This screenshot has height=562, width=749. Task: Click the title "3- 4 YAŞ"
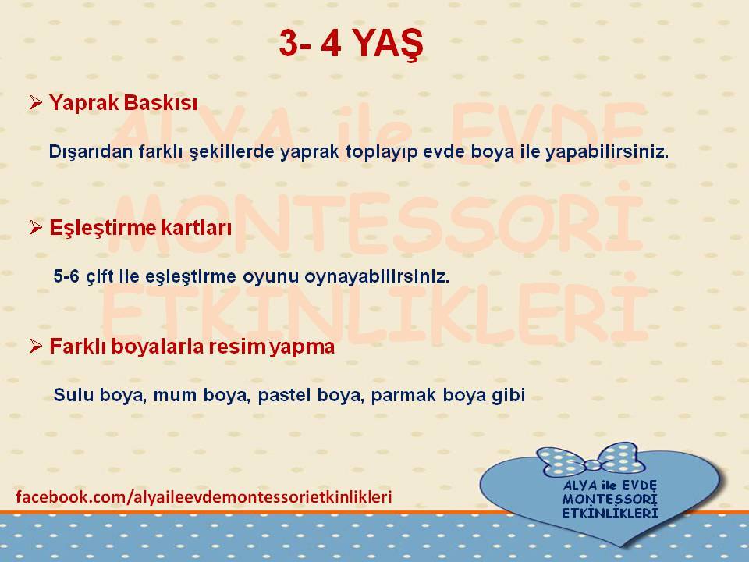pos(351,44)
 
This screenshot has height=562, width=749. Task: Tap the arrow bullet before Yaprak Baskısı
pos(36,102)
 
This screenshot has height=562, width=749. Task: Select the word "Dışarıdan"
pos(91,152)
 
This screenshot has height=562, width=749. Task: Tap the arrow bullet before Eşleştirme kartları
pos(36,227)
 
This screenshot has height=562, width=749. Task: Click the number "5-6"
pos(66,276)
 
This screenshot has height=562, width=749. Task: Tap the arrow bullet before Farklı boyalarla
pos(36,346)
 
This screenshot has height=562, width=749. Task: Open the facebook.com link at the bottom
pos(204,496)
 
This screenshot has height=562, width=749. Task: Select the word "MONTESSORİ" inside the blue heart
pos(610,500)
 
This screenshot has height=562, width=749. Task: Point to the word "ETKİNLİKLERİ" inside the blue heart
pos(610,514)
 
